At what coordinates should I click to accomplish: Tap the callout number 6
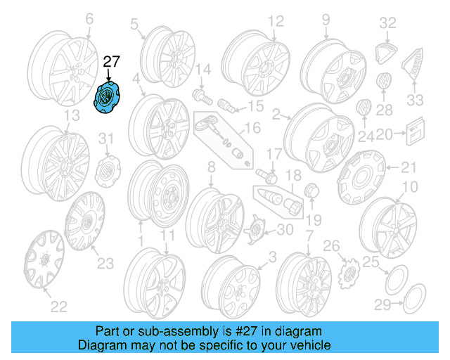coord(89,20)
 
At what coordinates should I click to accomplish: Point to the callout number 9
coord(326,20)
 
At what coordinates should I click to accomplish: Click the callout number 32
coord(388,23)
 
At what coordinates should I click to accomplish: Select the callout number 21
coord(409,167)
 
